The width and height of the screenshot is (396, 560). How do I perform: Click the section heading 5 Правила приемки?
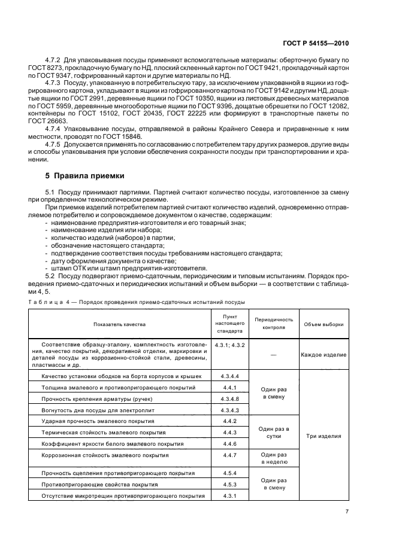click(x=84, y=176)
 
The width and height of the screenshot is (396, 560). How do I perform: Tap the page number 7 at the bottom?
click(x=347, y=511)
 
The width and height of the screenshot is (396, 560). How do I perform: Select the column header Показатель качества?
click(x=119, y=324)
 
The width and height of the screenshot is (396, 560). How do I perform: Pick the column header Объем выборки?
click(x=324, y=324)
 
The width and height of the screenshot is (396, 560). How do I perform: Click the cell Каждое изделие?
click(x=324, y=355)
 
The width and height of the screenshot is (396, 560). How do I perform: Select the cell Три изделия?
click(x=324, y=436)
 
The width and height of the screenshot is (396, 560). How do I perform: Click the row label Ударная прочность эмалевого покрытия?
click(x=101, y=421)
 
